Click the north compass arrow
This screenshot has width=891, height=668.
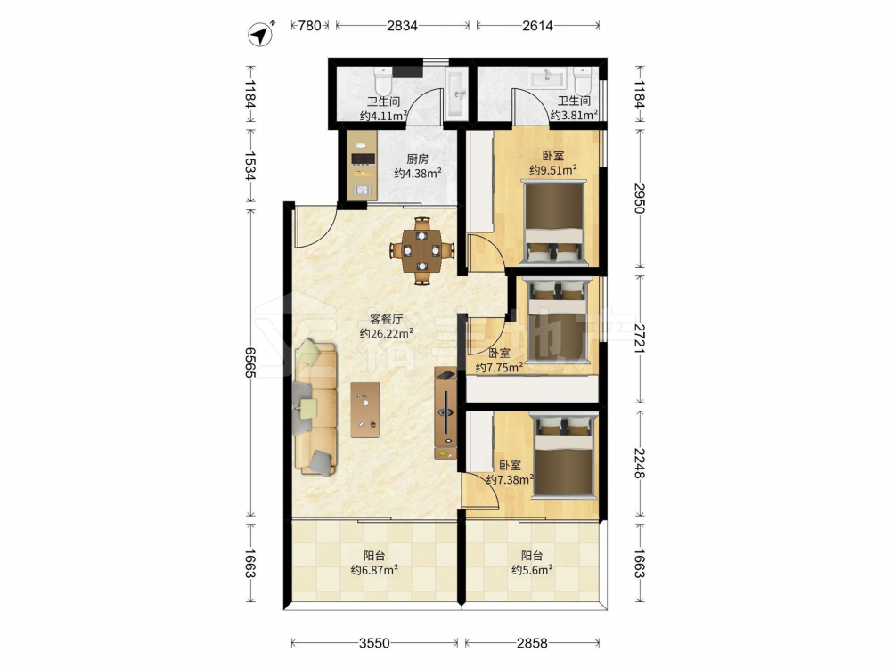(x=261, y=35)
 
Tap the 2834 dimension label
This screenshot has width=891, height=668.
(x=403, y=26)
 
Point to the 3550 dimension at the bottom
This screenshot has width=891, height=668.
(x=374, y=643)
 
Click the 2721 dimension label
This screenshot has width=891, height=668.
(x=639, y=338)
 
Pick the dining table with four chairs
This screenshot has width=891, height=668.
(x=421, y=250)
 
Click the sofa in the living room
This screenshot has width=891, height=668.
(x=315, y=407)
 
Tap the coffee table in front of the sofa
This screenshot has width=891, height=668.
(x=365, y=410)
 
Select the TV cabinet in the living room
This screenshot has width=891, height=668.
(x=445, y=413)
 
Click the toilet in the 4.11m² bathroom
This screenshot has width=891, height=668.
(x=383, y=81)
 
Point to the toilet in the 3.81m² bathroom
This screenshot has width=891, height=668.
(x=583, y=81)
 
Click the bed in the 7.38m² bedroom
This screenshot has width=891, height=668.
(x=564, y=456)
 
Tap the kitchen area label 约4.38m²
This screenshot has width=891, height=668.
(x=418, y=174)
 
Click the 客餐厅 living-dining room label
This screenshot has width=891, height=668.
(x=387, y=319)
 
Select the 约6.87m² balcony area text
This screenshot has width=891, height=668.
(x=374, y=570)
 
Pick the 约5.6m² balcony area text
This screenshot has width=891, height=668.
(x=533, y=570)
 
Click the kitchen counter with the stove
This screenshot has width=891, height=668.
(x=363, y=166)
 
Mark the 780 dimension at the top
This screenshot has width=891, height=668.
(x=310, y=26)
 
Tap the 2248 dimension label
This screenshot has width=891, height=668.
(x=639, y=463)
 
